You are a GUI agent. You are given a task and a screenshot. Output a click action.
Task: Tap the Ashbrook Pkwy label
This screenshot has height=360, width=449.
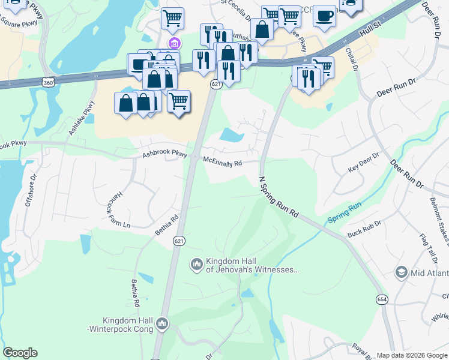click(x=164, y=154)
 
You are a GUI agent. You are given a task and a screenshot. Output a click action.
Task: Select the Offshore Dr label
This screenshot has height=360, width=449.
click(x=31, y=190)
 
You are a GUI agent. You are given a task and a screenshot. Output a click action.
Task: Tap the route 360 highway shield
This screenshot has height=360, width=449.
click(x=47, y=81)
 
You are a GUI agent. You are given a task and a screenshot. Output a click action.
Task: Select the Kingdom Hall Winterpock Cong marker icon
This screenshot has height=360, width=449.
click(x=161, y=325)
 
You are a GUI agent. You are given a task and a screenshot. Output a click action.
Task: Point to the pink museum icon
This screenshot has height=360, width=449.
click(x=175, y=43)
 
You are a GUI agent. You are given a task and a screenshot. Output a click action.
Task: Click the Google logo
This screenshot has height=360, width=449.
click(x=20, y=353)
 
